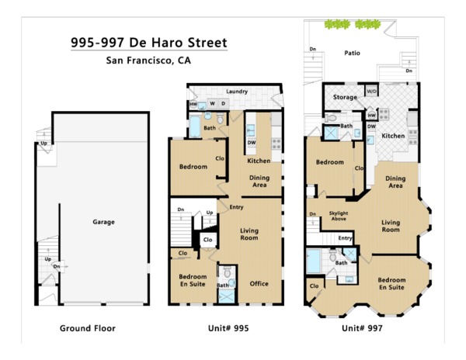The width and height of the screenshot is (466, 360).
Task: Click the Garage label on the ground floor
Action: [x=103, y=222]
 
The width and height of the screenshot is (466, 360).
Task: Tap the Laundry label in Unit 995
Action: [x=237, y=92]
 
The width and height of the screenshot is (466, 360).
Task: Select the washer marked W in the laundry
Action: [x=213, y=104]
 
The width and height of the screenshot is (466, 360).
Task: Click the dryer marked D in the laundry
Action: [x=224, y=104]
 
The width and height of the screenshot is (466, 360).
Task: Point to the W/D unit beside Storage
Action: [x=371, y=91]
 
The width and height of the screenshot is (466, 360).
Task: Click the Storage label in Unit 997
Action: [x=345, y=97]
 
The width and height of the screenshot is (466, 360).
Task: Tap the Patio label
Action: [x=352, y=53]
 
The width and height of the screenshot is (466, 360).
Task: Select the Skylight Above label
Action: [x=339, y=216]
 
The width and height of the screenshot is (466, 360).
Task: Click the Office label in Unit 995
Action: [x=259, y=283]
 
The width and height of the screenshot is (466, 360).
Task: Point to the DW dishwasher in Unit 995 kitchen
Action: [x=252, y=143]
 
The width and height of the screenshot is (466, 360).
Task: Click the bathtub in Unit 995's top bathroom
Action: [x=195, y=126]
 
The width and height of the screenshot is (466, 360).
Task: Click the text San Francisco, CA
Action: [x=148, y=61]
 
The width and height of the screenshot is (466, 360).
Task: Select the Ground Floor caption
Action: [x=88, y=328]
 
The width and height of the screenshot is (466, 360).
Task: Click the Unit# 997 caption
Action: [x=362, y=328]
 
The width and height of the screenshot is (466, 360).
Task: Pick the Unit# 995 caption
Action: [x=228, y=328]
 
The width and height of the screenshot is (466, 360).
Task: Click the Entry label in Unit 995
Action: [x=236, y=207]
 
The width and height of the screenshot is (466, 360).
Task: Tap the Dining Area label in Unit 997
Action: [x=395, y=182]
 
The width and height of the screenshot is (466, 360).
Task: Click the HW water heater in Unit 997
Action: [x=371, y=116]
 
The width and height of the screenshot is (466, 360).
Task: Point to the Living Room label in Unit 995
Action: [x=249, y=234]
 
